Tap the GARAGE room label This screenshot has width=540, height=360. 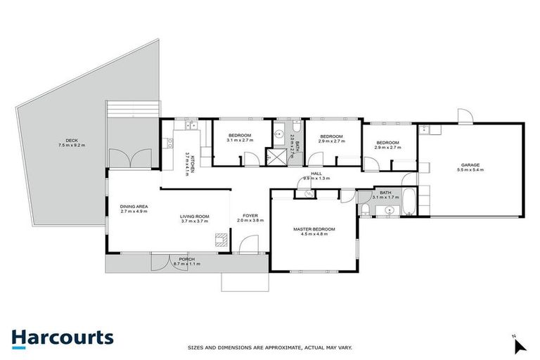pyautogui.click(x=470, y=165)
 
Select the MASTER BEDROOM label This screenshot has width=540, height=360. pyautogui.click(x=314, y=230)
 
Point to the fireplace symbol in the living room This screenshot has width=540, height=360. pyautogui.click(x=221, y=239)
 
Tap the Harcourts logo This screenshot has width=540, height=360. pyautogui.click(x=62, y=338)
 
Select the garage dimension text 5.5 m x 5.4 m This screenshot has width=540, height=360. pyautogui.click(x=470, y=170)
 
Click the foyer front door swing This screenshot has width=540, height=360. pyautogui.click(x=247, y=245)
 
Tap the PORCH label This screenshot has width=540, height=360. pyautogui.click(x=186, y=259)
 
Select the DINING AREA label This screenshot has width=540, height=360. pyautogui.click(x=133, y=206)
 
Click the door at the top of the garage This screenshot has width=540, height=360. pyautogui.click(x=463, y=117)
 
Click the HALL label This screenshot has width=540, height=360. pyautogui.click(x=316, y=174)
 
